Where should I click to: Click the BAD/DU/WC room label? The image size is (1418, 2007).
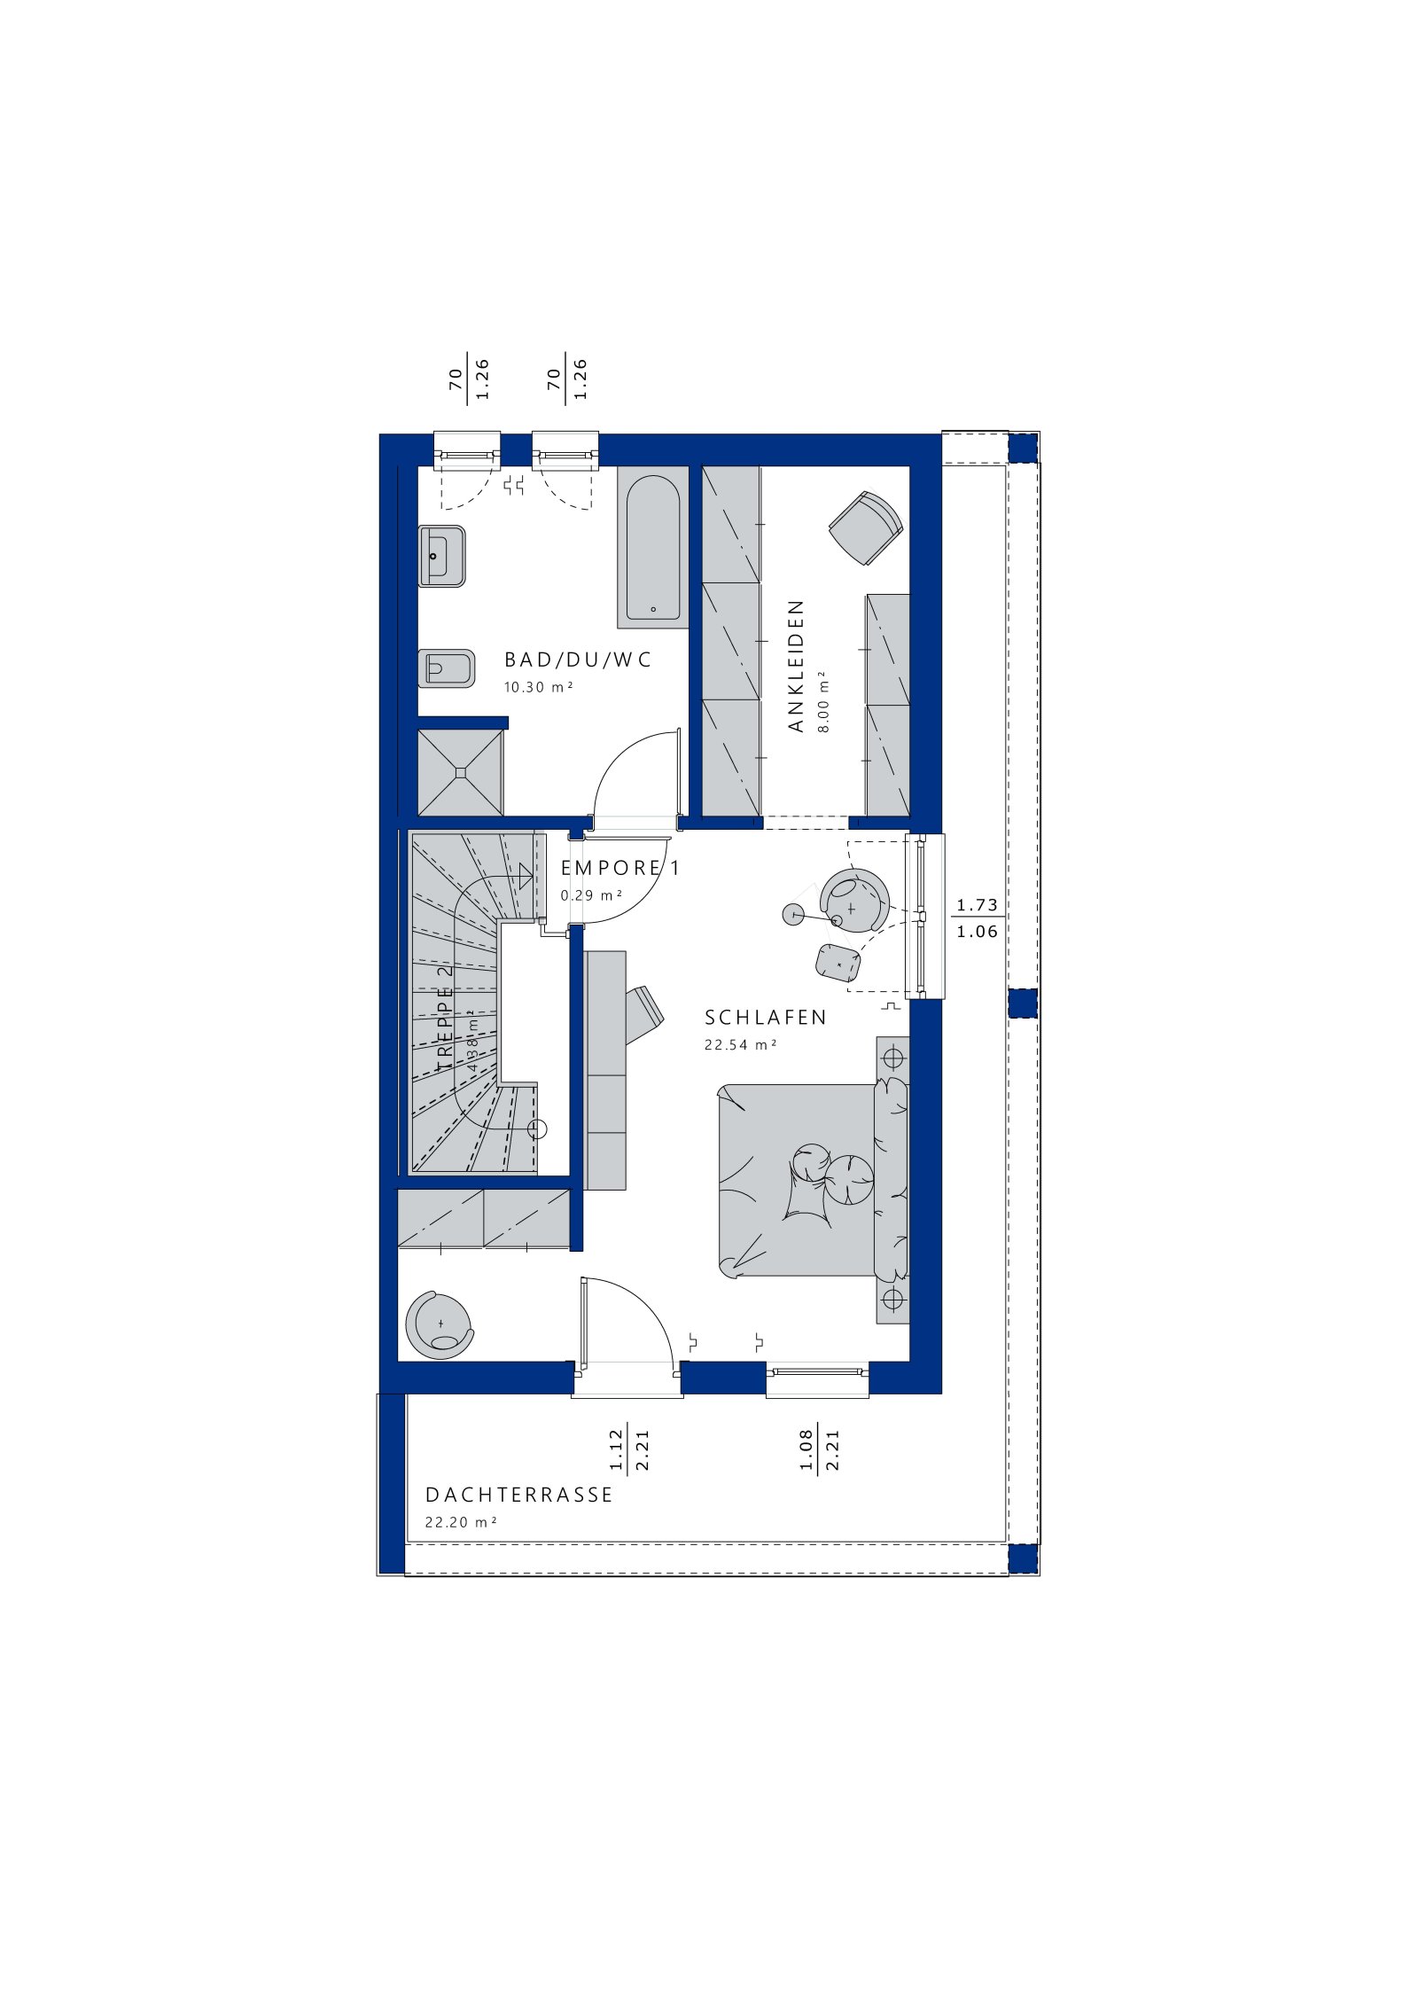coord(577,660)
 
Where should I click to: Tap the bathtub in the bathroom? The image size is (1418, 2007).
coord(653,548)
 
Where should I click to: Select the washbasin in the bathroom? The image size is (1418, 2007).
coord(441,556)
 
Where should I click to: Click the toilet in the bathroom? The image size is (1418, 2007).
coord(446,668)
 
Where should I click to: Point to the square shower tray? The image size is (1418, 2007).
coord(460,772)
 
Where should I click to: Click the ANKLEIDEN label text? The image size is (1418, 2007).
coord(796,666)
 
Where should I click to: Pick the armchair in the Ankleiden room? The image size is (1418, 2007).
coord(866,527)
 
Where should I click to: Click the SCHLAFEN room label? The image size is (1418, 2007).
coord(765,1018)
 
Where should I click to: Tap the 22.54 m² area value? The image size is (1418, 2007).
coord(740,1045)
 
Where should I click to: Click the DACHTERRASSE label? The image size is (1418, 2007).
coord(518,1495)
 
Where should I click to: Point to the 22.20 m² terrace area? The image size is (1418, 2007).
coord(460,1522)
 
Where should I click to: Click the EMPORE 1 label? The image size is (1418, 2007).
coord(620,868)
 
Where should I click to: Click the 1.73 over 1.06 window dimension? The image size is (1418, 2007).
coord(977,918)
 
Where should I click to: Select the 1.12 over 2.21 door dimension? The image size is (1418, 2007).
coord(629,1449)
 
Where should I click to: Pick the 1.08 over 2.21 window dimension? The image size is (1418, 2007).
coord(818,1449)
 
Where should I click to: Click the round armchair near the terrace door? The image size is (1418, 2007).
coord(439,1325)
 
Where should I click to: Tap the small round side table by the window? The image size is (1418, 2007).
coord(793,914)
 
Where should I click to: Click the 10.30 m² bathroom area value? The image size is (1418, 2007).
coord(538,687)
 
